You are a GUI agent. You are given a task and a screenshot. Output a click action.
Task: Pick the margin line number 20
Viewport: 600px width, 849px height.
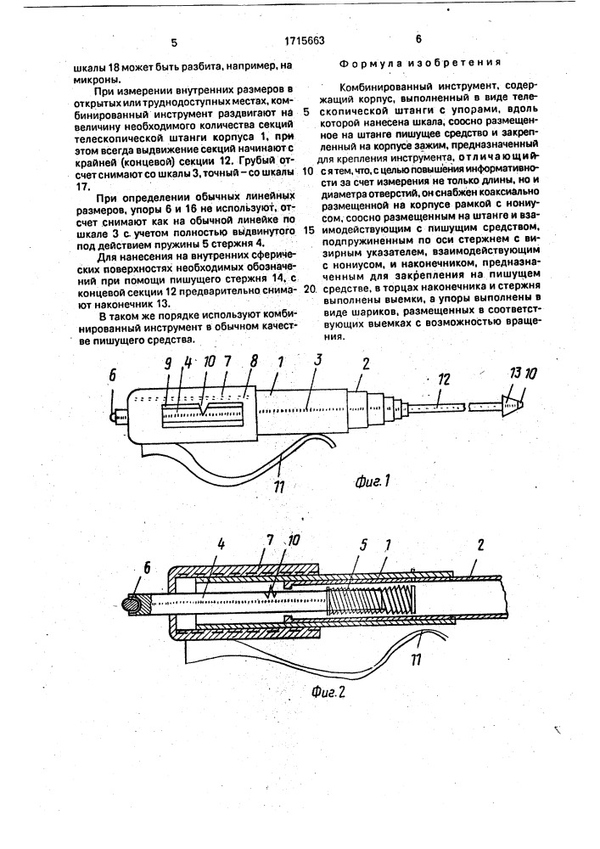[x=307, y=289]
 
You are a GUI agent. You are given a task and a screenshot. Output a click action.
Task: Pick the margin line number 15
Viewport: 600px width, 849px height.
[x=307, y=230]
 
